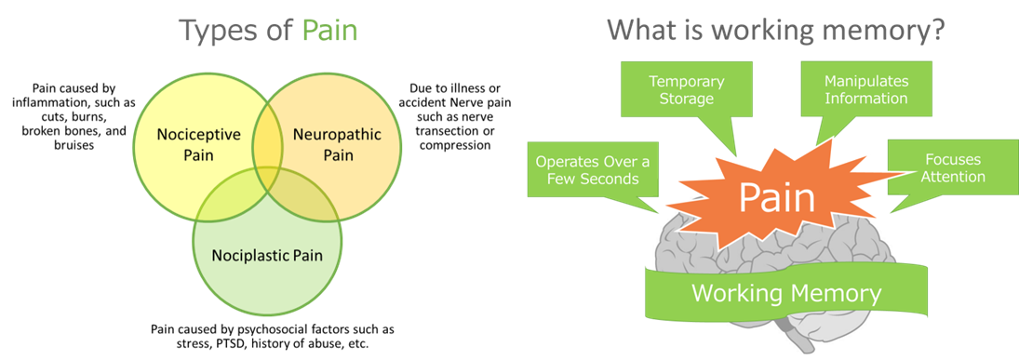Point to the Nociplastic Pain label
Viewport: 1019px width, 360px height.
[267, 254]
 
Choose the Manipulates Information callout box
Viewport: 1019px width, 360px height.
[865, 88]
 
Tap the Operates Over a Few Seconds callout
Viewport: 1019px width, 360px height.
[592, 170]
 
